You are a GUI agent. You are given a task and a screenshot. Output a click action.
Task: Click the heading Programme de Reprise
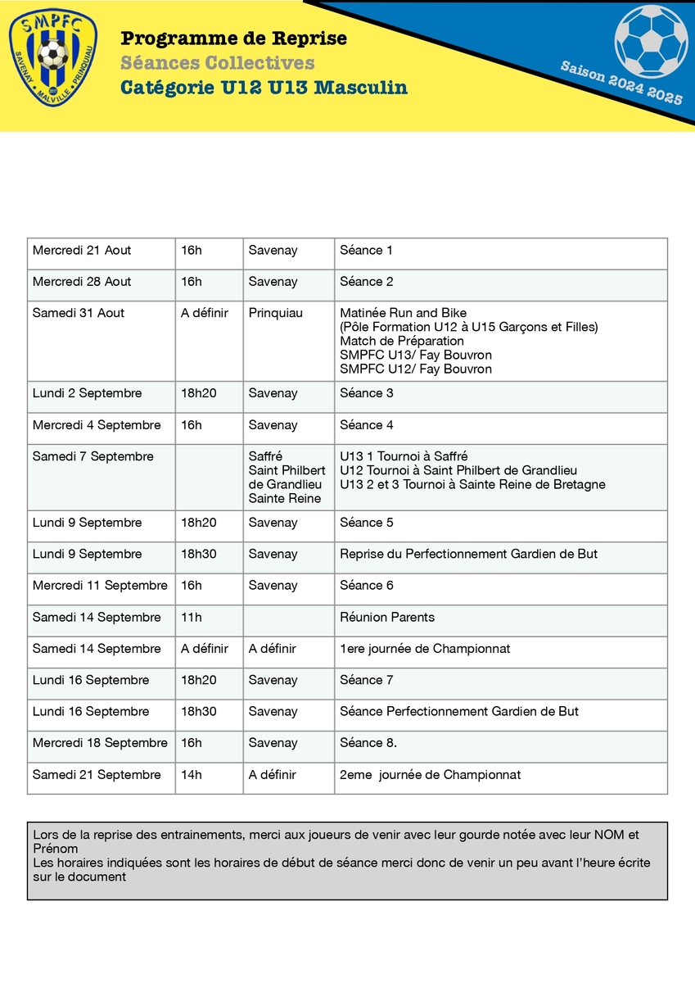[233, 39]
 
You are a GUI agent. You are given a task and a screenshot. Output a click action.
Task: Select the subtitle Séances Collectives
[217, 63]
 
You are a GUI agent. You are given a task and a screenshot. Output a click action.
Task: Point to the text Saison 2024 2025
[621, 82]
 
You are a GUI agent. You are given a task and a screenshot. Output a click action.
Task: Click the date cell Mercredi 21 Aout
[82, 251]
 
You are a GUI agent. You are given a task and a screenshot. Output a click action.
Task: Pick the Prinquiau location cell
[276, 313]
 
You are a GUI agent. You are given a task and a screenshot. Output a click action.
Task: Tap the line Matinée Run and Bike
[403, 313]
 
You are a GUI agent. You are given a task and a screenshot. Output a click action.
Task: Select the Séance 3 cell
[367, 393]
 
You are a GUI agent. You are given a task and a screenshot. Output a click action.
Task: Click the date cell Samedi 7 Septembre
[93, 456]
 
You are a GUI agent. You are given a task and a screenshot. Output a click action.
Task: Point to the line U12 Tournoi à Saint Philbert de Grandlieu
[458, 470]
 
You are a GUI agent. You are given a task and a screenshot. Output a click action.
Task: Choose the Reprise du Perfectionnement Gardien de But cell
[468, 555]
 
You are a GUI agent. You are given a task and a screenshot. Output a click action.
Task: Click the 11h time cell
[192, 618]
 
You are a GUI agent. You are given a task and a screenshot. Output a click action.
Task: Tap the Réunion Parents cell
[387, 618]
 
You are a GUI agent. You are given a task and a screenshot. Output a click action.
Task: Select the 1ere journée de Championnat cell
[425, 649]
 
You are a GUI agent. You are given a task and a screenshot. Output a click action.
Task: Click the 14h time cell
[192, 775]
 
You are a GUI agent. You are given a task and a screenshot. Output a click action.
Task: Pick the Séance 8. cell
[368, 743]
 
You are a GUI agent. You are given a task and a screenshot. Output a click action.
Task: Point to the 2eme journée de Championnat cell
[430, 775]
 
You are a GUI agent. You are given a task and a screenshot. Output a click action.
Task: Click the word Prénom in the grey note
[56, 849]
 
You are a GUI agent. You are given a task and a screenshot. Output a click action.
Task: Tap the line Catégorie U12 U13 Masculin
[264, 88]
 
